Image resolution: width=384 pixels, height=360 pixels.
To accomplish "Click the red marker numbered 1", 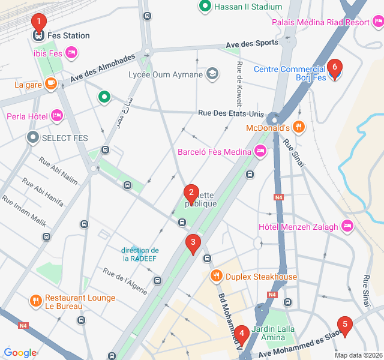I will click(38, 23).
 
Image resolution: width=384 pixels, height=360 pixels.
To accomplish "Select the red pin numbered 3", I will click(193, 243).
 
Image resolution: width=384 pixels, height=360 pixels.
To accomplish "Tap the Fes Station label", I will click(68, 35).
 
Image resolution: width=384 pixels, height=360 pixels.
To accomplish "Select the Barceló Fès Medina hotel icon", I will click(260, 151).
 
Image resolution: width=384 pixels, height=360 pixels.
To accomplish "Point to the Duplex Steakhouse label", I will click(261, 277).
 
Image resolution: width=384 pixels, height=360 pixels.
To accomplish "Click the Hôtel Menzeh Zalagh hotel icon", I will click(347, 226).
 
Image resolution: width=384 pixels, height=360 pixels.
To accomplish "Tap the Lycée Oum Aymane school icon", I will click(212, 74).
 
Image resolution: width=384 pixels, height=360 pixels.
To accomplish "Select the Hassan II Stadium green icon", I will click(205, 7).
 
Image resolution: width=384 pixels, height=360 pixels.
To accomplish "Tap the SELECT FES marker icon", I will click(32, 138).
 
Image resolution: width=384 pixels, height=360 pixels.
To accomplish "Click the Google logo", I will click(20, 353).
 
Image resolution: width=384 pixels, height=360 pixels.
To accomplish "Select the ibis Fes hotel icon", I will click(71, 53).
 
